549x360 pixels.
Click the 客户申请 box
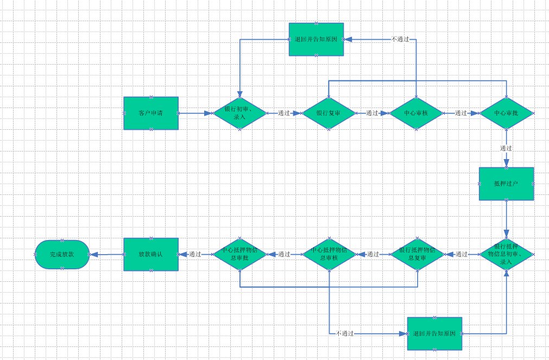tap(151, 113)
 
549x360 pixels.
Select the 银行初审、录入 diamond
tap(239, 113)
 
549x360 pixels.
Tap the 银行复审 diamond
tap(328, 113)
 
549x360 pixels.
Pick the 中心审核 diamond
tap(417, 113)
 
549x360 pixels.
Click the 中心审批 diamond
tap(506, 113)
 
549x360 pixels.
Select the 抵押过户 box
tap(506, 184)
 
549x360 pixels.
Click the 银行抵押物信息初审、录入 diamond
tap(506, 254)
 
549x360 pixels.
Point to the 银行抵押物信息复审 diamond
tap(417, 254)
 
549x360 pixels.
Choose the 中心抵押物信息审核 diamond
tap(329, 254)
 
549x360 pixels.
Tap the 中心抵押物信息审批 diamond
tap(239, 254)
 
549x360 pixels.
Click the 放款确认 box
tap(151, 254)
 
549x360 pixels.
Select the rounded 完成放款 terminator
tap(62, 254)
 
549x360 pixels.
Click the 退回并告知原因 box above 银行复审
tap(317, 40)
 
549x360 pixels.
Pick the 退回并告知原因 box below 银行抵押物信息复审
tap(434, 333)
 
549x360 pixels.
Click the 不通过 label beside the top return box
tap(400, 40)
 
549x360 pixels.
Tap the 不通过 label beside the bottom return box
tap(345, 333)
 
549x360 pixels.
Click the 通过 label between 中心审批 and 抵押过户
tap(506, 148)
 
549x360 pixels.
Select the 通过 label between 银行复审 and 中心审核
tap(372, 113)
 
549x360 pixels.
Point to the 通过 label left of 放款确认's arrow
tap(195, 254)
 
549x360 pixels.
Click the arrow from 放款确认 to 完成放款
tap(106, 254)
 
